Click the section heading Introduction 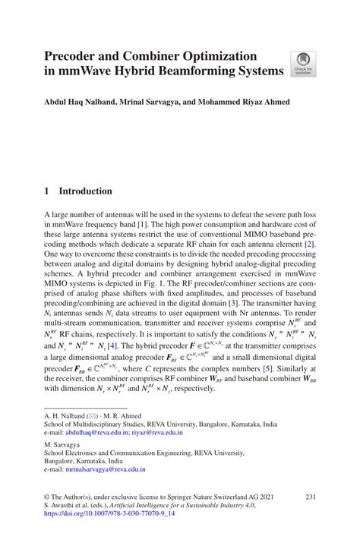[x=86, y=191]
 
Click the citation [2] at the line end [x=309, y=245]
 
